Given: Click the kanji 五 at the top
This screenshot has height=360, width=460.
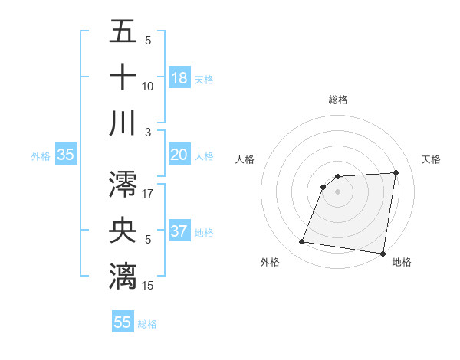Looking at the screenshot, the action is pos(123,32).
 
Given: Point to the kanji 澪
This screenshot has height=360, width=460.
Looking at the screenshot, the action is pos(123,185).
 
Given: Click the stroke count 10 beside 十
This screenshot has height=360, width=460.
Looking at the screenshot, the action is pos(148,86).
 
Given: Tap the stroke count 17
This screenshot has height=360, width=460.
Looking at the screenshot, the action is pos(148,194).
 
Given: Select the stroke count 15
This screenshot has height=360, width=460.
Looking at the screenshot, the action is pos(148,285).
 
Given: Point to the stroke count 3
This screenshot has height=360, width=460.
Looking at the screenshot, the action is pos(148,132).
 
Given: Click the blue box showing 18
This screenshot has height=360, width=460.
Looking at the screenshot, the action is pos(179,77).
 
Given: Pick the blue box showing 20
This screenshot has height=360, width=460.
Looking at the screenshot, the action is pos(179,155).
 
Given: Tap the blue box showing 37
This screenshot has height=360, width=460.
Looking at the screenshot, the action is pos(179,231).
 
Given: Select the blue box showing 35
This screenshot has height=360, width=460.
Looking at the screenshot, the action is pos(66,155).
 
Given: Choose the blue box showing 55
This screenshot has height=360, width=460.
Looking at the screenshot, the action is pos(123,322).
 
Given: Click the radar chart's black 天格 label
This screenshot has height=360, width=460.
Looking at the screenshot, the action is pos(432,159).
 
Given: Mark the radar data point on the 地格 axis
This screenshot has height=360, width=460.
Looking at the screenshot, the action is pos(383,254).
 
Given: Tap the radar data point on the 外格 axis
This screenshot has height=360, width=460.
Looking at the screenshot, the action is pos(302,243).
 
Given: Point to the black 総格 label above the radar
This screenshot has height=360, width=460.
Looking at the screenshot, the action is pos(337,100).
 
